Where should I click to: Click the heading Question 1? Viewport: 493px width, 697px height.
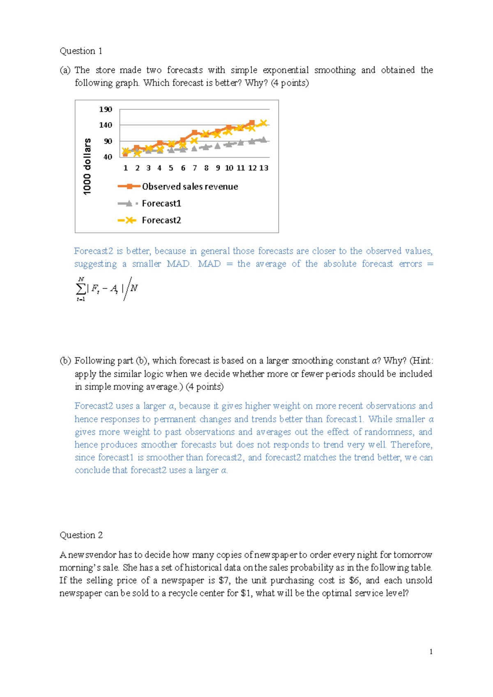[x=81, y=51]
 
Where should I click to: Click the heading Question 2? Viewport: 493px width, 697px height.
[x=81, y=535]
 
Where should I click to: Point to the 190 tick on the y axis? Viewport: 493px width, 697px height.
[x=105, y=109]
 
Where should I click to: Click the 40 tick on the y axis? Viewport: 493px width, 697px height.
[x=108, y=157]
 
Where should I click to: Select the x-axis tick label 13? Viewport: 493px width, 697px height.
[x=264, y=168]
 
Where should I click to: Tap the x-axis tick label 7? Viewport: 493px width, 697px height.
[x=195, y=168]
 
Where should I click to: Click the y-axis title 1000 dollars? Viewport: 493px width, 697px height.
[x=87, y=166]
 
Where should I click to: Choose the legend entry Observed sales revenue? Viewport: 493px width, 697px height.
[x=190, y=186]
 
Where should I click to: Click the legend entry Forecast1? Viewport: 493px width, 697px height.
[x=161, y=203]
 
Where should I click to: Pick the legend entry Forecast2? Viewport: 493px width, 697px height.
[x=161, y=220]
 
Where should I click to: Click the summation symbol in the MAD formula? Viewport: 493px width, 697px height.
[x=81, y=289]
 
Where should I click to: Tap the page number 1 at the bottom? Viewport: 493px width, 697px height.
[x=431, y=651]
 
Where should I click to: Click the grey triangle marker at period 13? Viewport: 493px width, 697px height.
[x=264, y=139]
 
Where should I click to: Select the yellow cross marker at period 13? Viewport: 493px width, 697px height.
[x=264, y=123]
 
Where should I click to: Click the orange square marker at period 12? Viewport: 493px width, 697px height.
[x=252, y=123]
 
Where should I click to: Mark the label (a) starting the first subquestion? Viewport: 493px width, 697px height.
[x=65, y=70]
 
